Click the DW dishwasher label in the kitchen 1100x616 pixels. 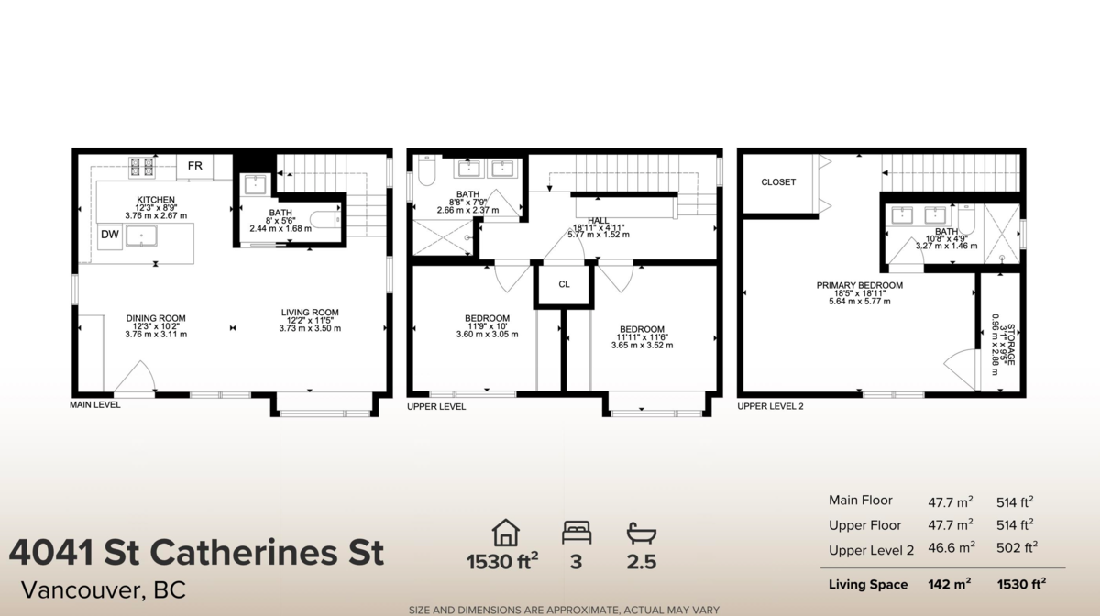pos(109,235)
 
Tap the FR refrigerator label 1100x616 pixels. pos(194,166)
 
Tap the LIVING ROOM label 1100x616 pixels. pos(310,313)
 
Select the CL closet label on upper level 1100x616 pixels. pos(565,284)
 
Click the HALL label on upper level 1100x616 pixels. pos(599,221)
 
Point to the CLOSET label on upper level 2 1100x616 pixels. pos(778,182)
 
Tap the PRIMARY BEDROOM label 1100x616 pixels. pos(859,286)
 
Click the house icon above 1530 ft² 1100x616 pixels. pos(505,532)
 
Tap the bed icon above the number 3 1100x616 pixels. pos(577,532)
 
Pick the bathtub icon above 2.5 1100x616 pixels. pos(641,532)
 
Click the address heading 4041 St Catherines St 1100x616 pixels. pos(196,554)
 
